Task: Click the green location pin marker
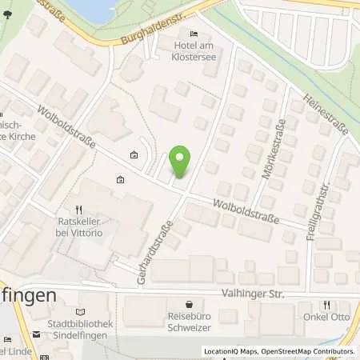[182, 162]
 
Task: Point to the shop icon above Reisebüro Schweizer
[189, 305]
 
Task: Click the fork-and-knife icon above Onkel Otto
[326, 304]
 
